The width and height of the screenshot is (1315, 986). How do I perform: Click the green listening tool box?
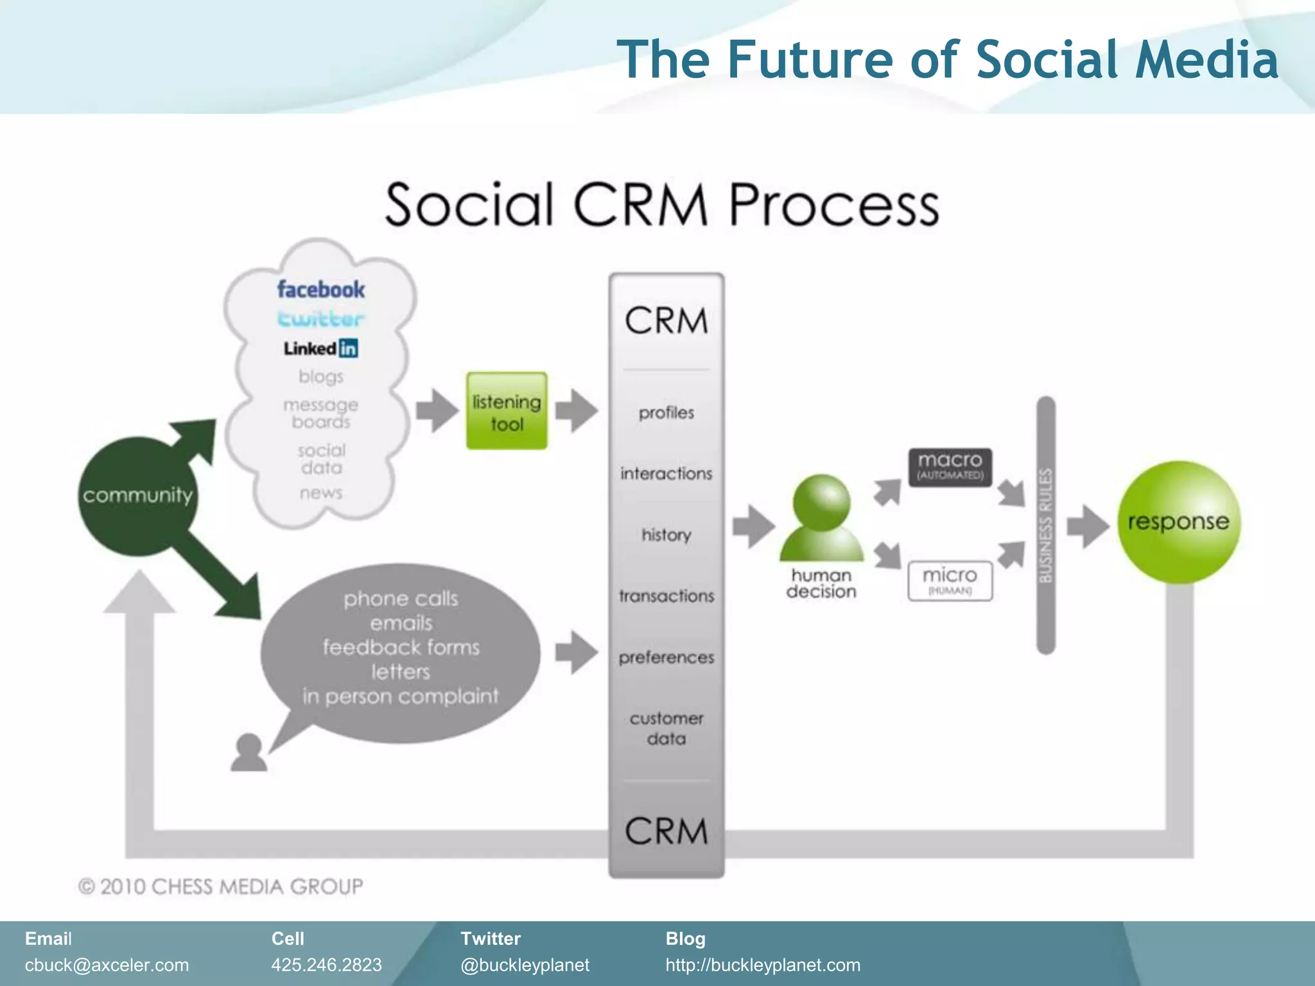point(507,411)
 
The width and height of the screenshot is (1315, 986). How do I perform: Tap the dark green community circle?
point(137,496)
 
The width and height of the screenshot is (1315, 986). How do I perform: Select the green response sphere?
point(1178,521)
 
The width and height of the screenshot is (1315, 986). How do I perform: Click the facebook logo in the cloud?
point(320,290)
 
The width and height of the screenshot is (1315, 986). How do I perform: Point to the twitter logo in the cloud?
point(320,318)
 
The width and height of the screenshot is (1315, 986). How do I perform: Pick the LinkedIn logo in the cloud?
point(320,348)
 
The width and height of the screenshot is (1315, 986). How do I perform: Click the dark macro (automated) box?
point(950,466)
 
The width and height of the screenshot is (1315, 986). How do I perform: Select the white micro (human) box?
point(950,580)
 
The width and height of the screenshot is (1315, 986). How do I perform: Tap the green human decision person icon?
point(821,519)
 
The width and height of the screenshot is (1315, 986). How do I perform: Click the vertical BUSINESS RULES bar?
point(1046,525)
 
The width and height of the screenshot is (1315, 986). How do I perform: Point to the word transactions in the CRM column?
point(666,596)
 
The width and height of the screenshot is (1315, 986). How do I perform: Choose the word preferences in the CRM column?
point(666,657)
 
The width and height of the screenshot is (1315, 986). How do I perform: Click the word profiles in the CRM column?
point(666,413)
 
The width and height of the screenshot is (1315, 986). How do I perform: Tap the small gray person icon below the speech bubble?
point(248,752)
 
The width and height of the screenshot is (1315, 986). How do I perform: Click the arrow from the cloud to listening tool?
point(437,410)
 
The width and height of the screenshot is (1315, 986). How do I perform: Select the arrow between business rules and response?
point(1087,526)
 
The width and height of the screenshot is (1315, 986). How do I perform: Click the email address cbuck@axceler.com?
point(107,965)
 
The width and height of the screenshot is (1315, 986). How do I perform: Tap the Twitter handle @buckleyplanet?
point(525,965)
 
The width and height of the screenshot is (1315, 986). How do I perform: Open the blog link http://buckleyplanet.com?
point(762,965)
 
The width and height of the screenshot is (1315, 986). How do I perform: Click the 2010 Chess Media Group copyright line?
point(220,887)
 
